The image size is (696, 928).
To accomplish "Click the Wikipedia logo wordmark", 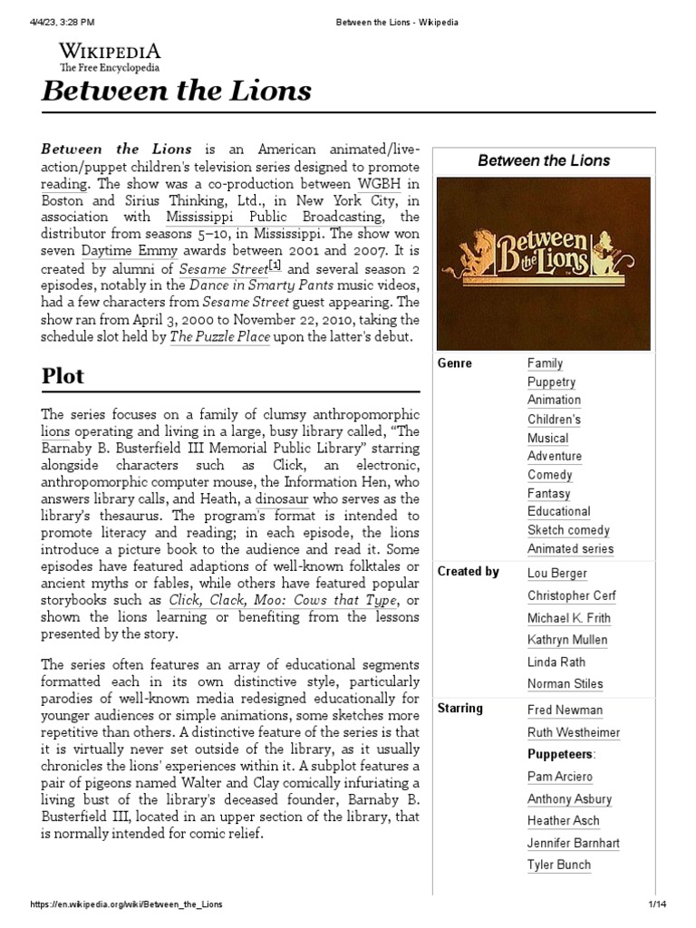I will click(110, 51).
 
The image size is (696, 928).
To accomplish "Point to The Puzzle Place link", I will click(219, 337).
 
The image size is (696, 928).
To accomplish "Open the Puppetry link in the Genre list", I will click(551, 382).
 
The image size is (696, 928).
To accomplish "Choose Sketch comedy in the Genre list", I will click(568, 530).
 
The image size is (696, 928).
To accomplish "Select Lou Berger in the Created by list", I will click(556, 573).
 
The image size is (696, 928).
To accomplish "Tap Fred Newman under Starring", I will click(565, 710).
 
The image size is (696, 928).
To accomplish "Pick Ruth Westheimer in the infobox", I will click(572, 732).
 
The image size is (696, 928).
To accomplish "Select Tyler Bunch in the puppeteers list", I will click(559, 865).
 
